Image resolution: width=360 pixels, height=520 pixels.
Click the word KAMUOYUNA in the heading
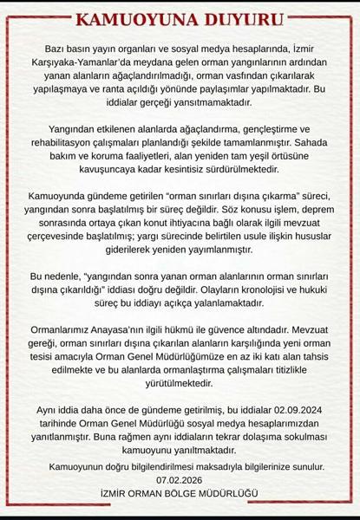point(132,19)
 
